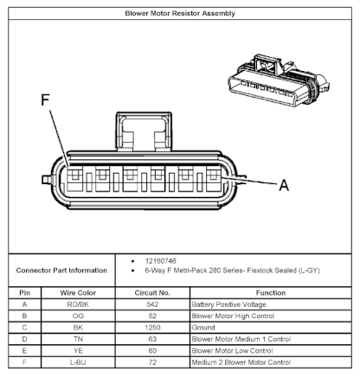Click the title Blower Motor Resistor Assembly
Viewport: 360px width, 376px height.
point(180,13)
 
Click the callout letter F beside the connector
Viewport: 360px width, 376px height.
point(45,100)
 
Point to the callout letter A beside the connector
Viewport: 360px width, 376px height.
point(284,185)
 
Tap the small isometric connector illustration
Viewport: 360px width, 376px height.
point(279,80)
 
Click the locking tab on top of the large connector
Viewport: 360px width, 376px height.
point(144,131)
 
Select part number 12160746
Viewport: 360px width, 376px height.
point(160,261)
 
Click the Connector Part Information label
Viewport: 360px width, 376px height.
point(61,271)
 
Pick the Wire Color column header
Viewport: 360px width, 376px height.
point(78,293)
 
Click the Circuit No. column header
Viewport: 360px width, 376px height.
point(152,293)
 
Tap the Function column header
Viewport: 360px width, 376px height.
point(271,293)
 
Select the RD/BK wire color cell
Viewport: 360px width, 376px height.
point(78,304)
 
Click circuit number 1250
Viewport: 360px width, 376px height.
point(152,328)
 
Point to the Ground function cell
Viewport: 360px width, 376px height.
point(203,328)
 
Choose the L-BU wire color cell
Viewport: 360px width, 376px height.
point(78,362)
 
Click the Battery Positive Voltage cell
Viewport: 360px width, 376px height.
point(228,304)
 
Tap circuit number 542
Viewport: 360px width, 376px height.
point(152,304)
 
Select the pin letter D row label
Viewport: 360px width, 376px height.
point(24,339)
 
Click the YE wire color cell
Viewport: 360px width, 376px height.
point(78,351)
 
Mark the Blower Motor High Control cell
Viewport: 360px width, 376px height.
point(233,316)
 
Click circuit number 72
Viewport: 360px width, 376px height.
point(152,362)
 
